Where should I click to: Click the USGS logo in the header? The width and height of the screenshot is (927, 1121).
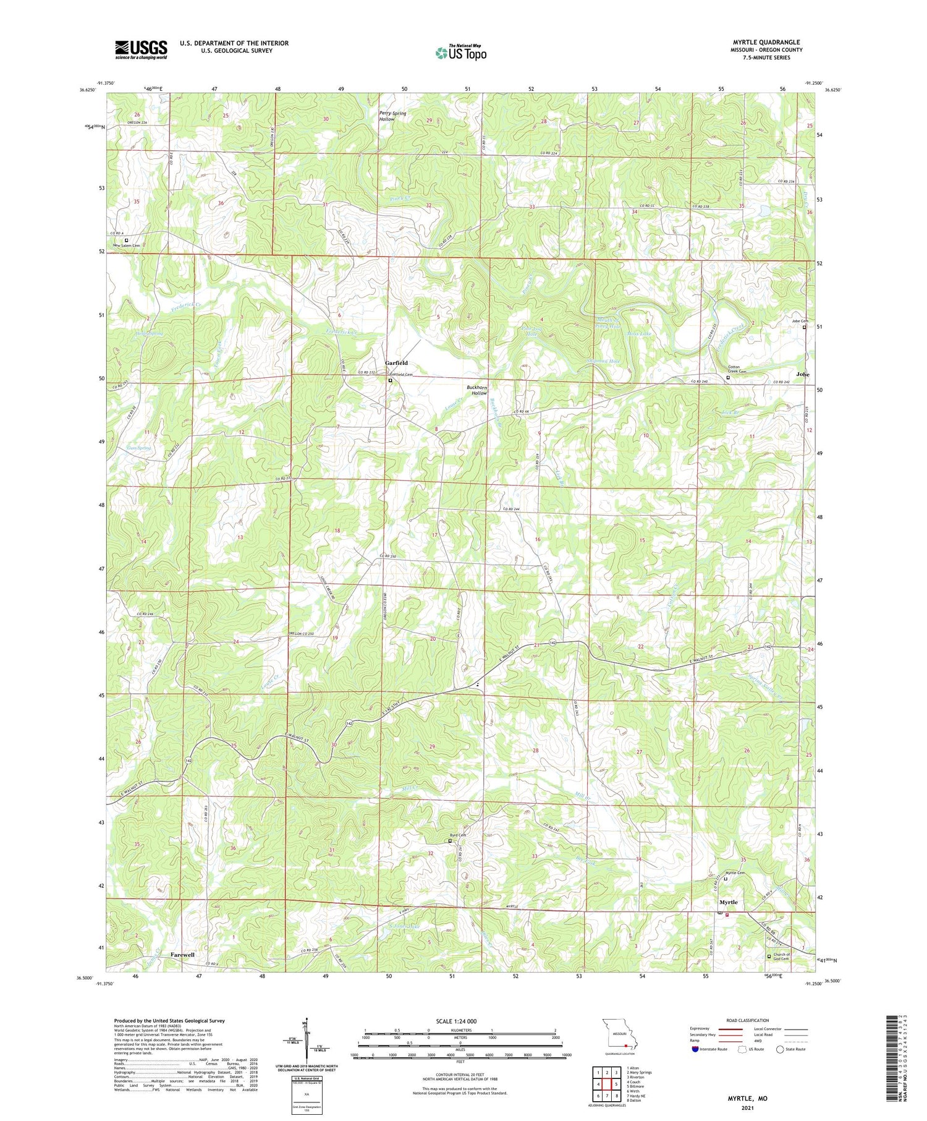point(141,49)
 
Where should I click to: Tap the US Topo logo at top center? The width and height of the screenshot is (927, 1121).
point(460,53)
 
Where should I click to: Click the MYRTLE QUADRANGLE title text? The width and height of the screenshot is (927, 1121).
point(766,42)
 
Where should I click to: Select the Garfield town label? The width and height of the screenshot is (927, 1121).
point(396,363)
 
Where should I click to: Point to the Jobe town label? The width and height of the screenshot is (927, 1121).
point(802,374)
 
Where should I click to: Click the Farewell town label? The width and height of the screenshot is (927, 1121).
point(182,954)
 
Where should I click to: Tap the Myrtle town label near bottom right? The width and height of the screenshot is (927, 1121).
point(727,902)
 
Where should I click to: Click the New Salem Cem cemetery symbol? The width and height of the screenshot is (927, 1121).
point(127,240)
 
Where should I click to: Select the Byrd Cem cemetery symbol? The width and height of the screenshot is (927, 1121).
point(450,841)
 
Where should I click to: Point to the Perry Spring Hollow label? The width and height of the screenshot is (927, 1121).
point(392,116)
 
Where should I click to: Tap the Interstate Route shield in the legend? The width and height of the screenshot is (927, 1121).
point(695,1049)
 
